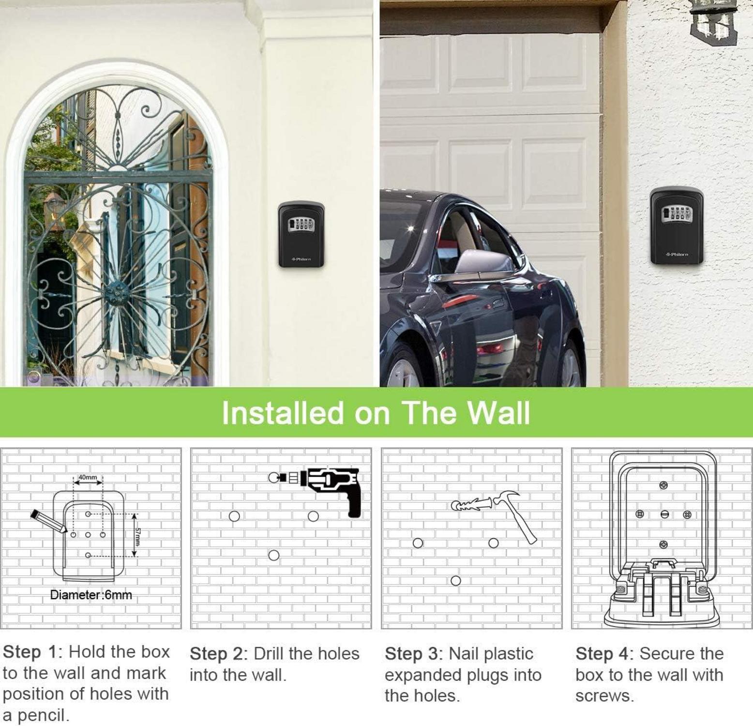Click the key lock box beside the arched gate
pyautogui.click(x=301, y=235)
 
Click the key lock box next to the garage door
pyautogui.click(x=677, y=226)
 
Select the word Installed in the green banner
pyautogui.click(x=283, y=413)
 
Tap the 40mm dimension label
pyautogui.click(x=88, y=477)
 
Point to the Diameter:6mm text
pyautogui.click(x=91, y=595)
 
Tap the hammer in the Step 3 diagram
pyautogui.click(x=511, y=516)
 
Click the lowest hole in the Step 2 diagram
pyautogui.click(x=274, y=555)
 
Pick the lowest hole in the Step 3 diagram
pyautogui.click(x=455, y=580)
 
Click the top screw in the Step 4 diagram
pyautogui.click(x=663, y=484)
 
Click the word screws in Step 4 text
pyautogui.click(x=604, y=696)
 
